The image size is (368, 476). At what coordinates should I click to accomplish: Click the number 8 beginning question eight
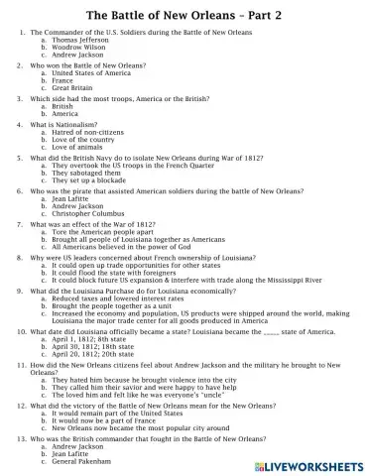[x=22, y=256]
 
